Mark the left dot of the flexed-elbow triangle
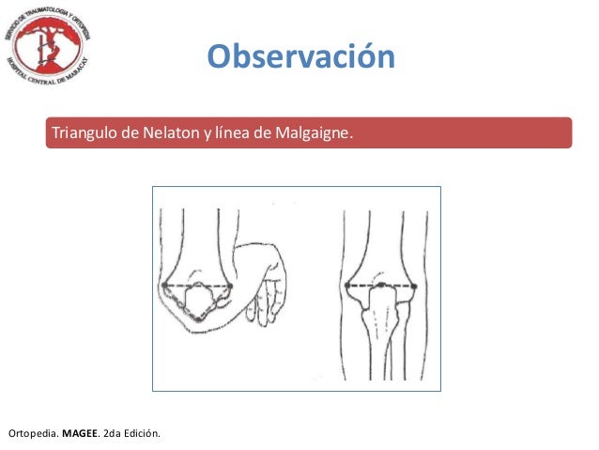tap(165, 285)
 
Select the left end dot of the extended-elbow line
tap(347, 285)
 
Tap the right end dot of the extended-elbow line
tap(416, 285)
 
